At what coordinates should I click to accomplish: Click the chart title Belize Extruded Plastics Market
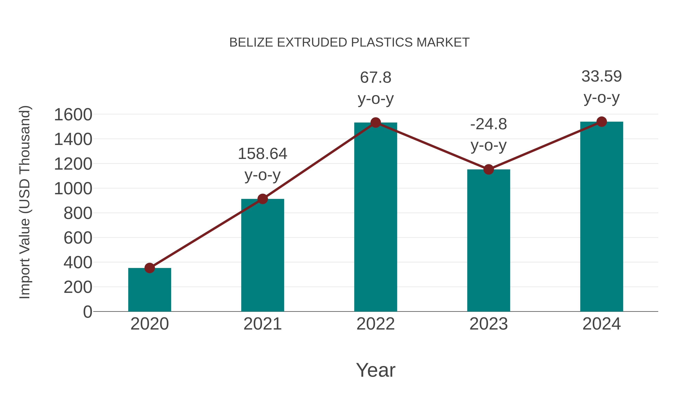point(349,43)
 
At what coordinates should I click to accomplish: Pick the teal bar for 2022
point(375,217)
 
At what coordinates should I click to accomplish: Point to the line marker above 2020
point(150,268)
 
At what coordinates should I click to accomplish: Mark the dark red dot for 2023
point(489,169)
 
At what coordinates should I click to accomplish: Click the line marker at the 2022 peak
point(375,123)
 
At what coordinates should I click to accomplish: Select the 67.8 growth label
point(376,78)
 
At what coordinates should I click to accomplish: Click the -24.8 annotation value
point(489,124)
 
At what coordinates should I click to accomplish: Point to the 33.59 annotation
point(601,76)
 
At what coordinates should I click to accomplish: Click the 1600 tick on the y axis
point(73,115)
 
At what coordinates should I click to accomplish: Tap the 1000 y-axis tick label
point(73,189)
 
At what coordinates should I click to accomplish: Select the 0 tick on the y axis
point(87,312)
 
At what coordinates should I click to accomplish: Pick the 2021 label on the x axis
point(262,324)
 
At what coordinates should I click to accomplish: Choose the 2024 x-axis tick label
point(601,324)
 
